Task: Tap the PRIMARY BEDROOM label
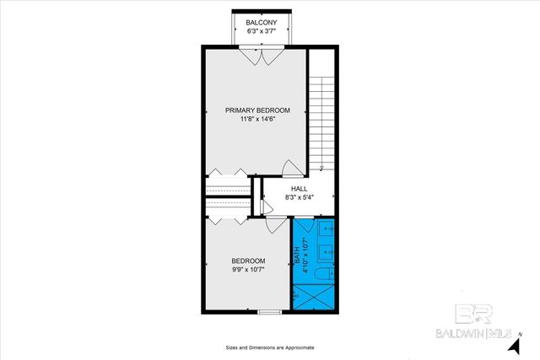point(257,110)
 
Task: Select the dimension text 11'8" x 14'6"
point(257,120)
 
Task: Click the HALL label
point(300,189)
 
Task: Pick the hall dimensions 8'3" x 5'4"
point(300,198)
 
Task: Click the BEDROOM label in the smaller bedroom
point(249,261)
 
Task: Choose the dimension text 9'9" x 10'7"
point(249,270)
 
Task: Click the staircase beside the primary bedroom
point(320,118)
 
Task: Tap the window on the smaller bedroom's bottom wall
point(269,313)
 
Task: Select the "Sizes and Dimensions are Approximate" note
point(270,347)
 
